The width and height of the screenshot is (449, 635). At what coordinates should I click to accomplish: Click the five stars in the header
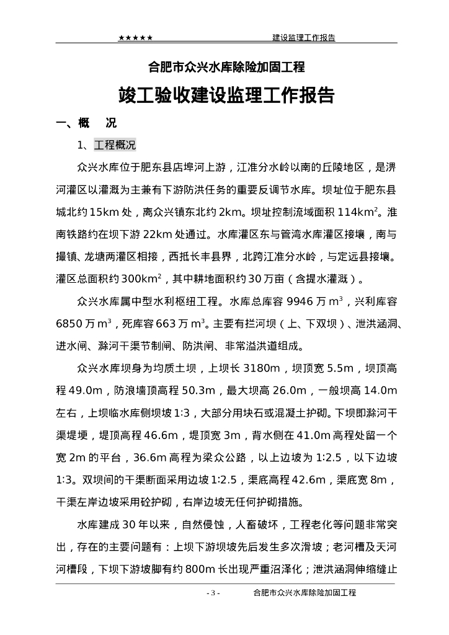(x=136, y=38)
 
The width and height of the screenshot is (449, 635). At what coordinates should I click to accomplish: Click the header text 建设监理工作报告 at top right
(x=304, y=38)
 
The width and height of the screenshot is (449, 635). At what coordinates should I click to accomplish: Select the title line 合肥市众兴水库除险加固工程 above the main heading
(x=224, y=66)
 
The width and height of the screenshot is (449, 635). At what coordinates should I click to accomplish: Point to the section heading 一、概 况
(x=86, y=123)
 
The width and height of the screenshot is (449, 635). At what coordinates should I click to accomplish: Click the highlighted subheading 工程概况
(x=115, y=146)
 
